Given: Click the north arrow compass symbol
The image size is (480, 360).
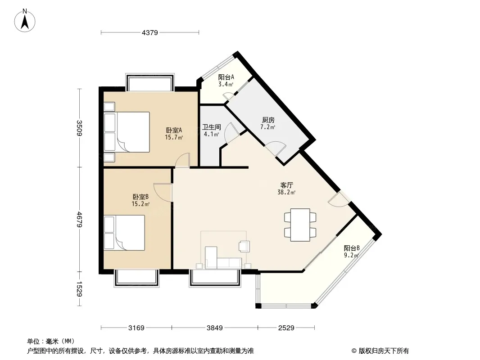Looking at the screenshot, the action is click(25, 21).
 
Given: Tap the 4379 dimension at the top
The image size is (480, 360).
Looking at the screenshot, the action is click(149, 32).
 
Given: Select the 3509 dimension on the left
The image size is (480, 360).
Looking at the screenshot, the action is click(79, 128).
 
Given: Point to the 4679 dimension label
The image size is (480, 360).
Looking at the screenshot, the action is click(79, 219).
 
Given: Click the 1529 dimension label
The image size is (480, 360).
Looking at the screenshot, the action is click(79, 289).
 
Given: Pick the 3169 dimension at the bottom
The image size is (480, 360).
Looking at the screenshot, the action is click(136, 328).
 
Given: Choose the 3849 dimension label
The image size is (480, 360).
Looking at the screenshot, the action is click(215, 328).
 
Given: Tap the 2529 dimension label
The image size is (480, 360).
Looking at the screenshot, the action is click(286, 328).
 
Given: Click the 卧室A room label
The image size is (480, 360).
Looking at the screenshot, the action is click(174, 130).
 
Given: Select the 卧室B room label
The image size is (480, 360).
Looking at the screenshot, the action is click(140, 197).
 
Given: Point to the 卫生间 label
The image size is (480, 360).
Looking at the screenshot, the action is click(212, 127).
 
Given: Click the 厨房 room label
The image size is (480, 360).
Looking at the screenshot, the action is click(268, 120).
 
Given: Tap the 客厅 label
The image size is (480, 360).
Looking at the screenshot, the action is click(287, 185).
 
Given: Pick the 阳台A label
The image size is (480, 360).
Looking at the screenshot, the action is click(226, 77).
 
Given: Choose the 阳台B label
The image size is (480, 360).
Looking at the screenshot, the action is click(352, 248).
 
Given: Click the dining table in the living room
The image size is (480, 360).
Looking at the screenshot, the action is click(300, 225).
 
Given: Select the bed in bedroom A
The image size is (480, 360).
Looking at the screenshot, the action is click(127, 132).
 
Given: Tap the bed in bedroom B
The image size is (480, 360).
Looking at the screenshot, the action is click(124, 233).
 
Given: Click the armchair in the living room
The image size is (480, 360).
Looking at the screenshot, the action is click(245, 246).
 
